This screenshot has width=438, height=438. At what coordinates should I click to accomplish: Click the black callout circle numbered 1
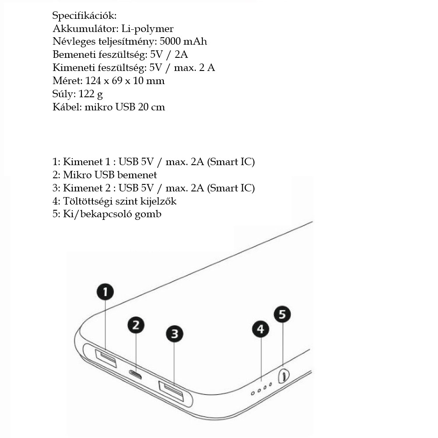click(x=105, y=292)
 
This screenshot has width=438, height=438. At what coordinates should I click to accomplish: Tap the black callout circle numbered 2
click(x=136, y=325)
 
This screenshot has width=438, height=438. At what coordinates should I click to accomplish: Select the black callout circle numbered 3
click(x=174, y=333)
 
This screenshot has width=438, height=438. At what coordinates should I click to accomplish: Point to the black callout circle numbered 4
click(x=261, y=329)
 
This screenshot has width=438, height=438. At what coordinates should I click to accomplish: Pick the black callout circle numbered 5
click(x=282, y=314)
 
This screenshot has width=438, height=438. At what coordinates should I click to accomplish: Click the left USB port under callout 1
click(x=106, y=358)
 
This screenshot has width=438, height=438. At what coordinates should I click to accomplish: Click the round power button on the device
click(x=284, y=376)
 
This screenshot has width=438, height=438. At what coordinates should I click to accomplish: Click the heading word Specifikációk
click(x=85, y=16)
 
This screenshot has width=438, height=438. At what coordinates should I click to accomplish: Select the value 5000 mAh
click(x=183, y=41)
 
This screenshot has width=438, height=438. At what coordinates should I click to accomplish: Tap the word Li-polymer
click(x=148, y=29)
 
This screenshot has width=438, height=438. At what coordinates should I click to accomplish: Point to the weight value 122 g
click(x=91, y=94)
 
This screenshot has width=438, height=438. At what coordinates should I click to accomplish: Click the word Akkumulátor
click(x=86, y=28)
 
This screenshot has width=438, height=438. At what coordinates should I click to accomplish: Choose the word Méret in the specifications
click(x=67, y=81)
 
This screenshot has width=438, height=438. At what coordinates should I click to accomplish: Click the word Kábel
click(x=67, y=107)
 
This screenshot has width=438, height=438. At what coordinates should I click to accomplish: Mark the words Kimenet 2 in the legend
click(x=87, y=188)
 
